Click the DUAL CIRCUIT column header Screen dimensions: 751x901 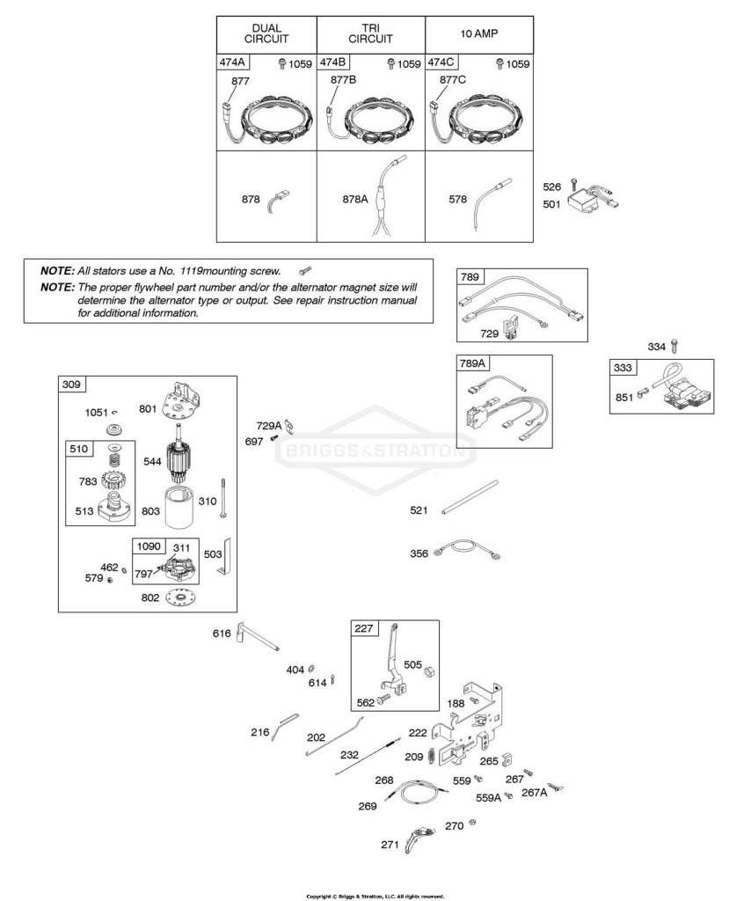(266, 33)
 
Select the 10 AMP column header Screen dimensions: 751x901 (479, 33)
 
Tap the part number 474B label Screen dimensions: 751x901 (333, 62)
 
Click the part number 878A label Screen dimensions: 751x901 (354, 199)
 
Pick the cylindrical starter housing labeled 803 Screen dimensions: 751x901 (181, 507)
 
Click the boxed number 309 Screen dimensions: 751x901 (71, 384)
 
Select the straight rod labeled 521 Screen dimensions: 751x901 (470, 497)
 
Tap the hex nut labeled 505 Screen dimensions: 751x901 (430, 671)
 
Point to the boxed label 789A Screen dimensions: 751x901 (472, 363)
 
